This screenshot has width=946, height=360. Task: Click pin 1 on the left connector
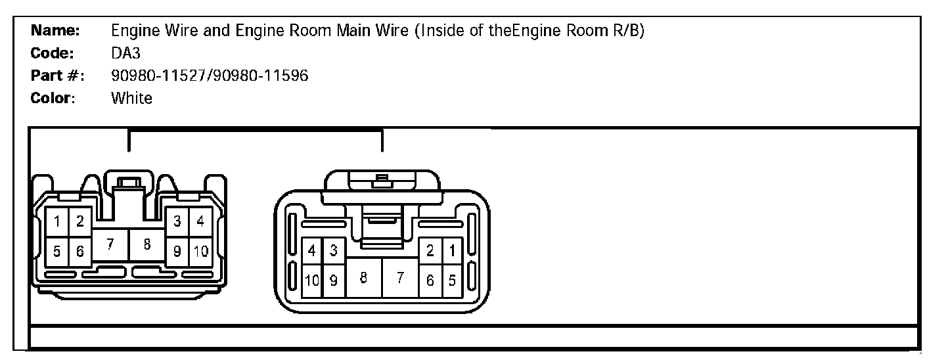click(57, 221)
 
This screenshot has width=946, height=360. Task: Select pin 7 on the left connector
click(110, 245)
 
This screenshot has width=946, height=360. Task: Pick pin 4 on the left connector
click(200, 221)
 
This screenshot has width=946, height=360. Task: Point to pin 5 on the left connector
click(57, 250)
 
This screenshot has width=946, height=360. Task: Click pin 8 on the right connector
click(363, 277)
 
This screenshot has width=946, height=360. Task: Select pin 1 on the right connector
click(451, 250)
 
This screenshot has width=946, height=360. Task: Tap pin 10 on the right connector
click(312, 281)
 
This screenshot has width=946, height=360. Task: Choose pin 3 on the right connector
click(333, 250)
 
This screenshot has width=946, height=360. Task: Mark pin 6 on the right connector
click(430, 281)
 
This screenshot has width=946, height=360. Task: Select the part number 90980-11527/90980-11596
click(210, 76)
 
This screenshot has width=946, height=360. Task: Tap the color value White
click(131, 98)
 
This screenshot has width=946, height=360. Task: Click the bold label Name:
click(56, 30)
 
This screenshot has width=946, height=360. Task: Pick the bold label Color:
click(53, 98)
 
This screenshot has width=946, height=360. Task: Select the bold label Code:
click(52, 53)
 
